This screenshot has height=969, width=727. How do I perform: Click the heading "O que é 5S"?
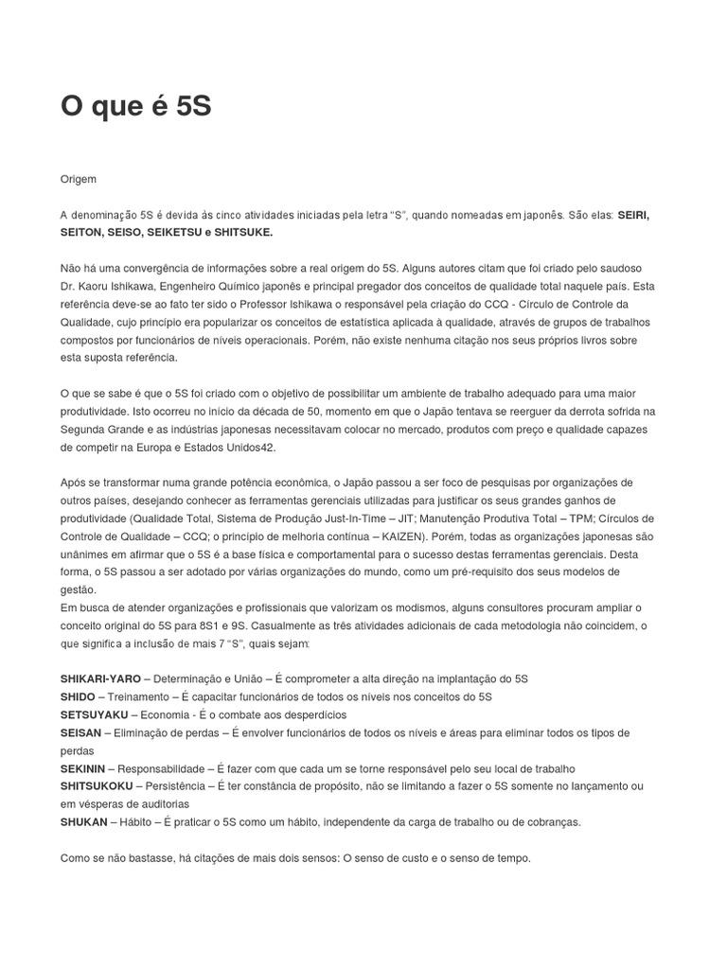(136, 107)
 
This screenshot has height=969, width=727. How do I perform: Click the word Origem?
(79, 178)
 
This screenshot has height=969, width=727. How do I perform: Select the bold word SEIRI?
(633, 215)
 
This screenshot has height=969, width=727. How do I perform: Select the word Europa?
(182, 447)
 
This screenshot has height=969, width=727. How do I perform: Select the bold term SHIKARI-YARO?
(100, 678)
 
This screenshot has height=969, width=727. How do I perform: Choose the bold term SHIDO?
(78, 696)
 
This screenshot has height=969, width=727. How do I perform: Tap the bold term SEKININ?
(83, 768)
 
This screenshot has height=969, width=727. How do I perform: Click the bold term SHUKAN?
(82, 821)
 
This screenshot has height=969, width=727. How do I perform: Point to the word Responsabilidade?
(164, 768)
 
